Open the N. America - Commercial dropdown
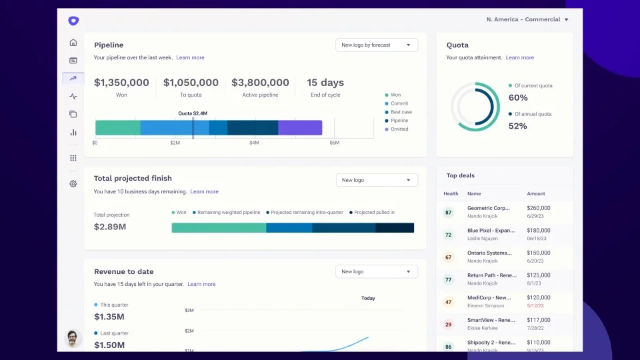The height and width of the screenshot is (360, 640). click(x=527, y=19)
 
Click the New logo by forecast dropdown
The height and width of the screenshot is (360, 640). click(x=377, y=45)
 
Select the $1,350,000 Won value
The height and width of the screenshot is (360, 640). click(x=121, y=83)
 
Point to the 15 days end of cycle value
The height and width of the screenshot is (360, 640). click(x=325, y=83)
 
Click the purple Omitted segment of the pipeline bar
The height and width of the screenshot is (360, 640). click(x=300, y=127)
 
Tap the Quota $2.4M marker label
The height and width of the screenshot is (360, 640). click(x=193, y=113)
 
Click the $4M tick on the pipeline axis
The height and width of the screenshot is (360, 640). click(x=254, y=143)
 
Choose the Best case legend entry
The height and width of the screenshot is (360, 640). click(x=401, y=112)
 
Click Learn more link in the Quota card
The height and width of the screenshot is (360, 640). click(x=519, y=58)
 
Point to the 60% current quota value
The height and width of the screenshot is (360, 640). click(x=518, y=98)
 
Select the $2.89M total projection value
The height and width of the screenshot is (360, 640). click(x=110, y=227)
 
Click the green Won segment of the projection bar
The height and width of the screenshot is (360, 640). click(x=219, y=227)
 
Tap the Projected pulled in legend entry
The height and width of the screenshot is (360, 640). click(x=373, y=213)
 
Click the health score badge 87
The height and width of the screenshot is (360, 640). click(x=448, y=213)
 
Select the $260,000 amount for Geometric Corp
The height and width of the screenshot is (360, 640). click(x=539, y=208)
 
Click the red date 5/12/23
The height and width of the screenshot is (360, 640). click(x=536, y=305)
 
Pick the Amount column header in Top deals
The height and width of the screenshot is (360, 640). click(x=536, y=194)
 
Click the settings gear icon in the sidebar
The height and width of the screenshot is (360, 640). click(x=73, y=184)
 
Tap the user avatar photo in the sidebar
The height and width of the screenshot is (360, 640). click(x=73, y=338)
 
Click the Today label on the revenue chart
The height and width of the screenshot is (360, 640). click(x=368, y=298)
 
